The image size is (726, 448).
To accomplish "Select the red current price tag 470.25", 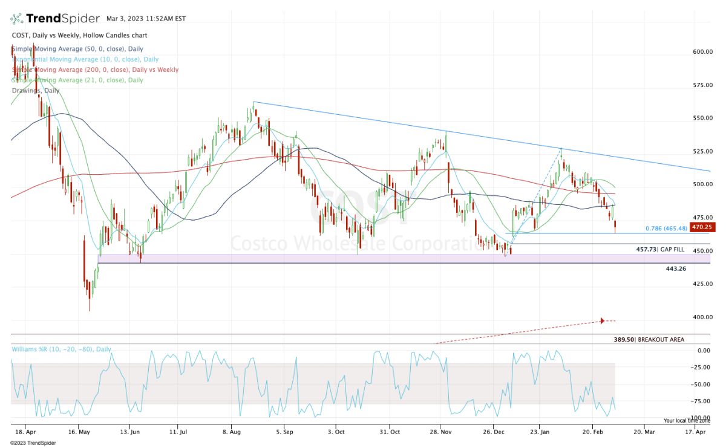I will coord(704,227).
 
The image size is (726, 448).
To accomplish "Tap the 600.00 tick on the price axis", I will coord(702,52).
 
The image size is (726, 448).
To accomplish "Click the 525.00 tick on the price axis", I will coord(702,152).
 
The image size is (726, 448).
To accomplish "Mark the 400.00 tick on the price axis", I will coord(702,317).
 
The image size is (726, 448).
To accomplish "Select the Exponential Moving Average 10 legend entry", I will coord(85,59).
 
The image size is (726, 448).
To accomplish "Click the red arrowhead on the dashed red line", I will coord(602,320).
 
